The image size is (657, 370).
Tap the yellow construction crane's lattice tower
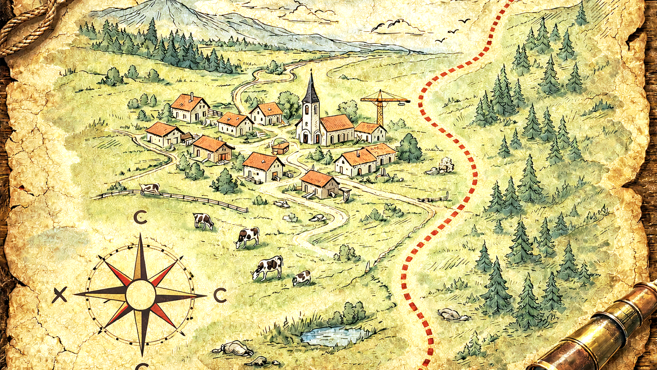[x=380, y=110]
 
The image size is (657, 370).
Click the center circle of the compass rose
[x=141, y=295]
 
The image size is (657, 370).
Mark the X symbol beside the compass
[x=60, y=295]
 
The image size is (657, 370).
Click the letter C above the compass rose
[x=140, y=217]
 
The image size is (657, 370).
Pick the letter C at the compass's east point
[x=220, y=295]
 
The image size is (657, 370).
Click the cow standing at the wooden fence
[x=150, y=188]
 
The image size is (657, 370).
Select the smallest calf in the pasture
[x=301, y=278]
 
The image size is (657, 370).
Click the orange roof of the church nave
[x=337, y=123]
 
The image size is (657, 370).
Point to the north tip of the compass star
[x=140, y=236]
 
